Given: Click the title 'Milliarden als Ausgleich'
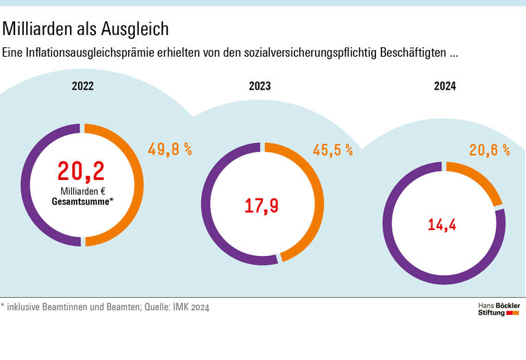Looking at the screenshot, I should tap(86, 29).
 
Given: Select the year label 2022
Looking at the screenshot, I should tap(83, 86).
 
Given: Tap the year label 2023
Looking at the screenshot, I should tap(260, 86).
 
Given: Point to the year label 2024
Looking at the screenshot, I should tap(444, 86).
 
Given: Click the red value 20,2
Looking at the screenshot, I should tap(82, 171).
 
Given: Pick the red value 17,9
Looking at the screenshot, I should tap(262, 205).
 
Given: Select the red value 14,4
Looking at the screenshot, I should tap(442, 224).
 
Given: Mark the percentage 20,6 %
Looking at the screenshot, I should tap(489, 151).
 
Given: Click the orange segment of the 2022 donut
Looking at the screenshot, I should tap(136, 185).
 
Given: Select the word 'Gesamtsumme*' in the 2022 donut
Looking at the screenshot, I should tap(82, 202).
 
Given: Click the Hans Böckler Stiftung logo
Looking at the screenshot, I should tap(498, 309).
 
